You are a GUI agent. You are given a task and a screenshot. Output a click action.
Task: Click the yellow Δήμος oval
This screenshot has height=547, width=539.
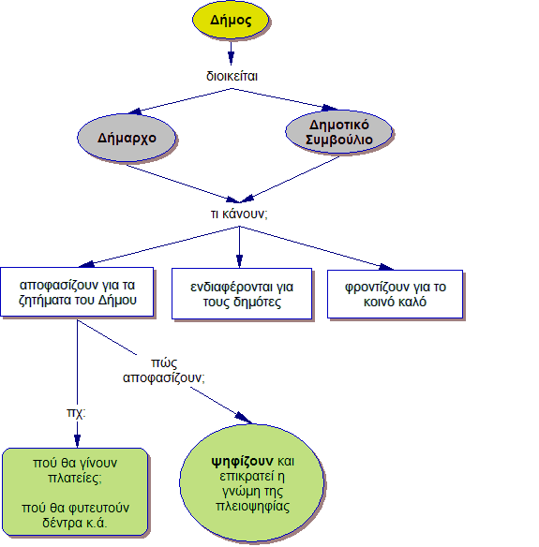coord(231,20)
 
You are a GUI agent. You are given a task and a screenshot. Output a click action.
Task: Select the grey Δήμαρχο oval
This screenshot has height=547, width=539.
coord(127,138)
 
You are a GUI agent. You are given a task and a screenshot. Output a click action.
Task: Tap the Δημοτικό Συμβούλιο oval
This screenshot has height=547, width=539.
coord(339,132)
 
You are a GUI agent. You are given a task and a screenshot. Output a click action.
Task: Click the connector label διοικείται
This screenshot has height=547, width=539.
coord(232,76)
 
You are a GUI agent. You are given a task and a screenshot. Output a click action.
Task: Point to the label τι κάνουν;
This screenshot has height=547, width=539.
coord(239,214)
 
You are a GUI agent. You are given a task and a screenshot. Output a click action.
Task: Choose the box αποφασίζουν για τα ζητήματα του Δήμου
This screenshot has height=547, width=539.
coord(77,292)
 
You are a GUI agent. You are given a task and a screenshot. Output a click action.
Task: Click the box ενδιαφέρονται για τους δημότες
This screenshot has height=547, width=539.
coord(242,294)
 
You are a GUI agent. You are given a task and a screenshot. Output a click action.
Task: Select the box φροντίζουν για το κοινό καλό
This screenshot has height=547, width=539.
coord(396,294)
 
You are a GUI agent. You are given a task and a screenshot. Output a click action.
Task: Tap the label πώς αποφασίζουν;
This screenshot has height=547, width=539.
coord(164,370)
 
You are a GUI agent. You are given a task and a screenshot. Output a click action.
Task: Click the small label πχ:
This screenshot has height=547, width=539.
coord(76,413)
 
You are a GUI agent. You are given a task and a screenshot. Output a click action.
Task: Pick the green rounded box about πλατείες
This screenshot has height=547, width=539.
coord(75,492)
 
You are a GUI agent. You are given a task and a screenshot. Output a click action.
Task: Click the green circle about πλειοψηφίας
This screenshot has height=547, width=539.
coord(252,483)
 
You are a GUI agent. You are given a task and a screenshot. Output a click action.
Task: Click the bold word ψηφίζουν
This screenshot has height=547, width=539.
coord(243,462)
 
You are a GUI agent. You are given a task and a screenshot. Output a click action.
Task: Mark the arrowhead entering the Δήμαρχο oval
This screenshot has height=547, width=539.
coord(135,111)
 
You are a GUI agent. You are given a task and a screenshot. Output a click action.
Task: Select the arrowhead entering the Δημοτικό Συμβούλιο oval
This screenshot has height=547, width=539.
coord(329,108)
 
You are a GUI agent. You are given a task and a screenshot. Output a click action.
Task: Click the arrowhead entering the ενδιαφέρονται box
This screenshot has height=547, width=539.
coord(239,261)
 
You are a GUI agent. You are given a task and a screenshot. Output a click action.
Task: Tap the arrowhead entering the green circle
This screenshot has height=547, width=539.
coord(244,418)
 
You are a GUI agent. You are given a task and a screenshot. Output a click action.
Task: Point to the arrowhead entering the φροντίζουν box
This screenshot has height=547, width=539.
coord(386,267)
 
